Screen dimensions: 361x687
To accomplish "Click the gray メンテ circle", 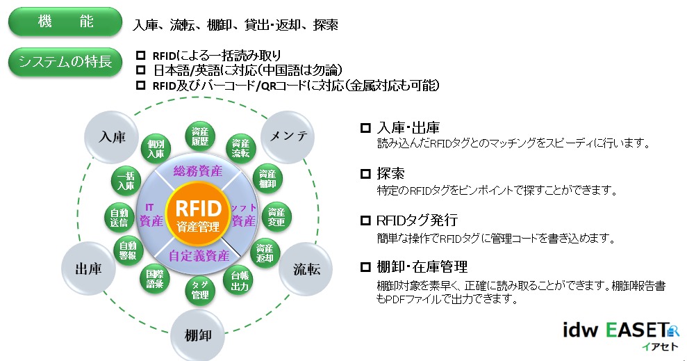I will click(287, 136).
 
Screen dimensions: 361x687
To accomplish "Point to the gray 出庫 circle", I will click(88, 269).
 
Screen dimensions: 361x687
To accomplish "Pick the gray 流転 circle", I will click(306, 269).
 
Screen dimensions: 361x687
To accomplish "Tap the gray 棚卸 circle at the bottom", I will click(197, 334).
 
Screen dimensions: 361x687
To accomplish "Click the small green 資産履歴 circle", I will click(200, 136).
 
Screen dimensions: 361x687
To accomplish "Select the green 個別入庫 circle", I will click(156, 149).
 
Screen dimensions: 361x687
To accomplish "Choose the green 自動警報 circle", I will click(127, 250).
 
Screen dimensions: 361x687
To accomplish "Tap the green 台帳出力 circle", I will click(240, 280).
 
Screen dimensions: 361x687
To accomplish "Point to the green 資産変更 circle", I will click(276, 216).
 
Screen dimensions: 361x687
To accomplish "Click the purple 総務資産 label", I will click(198, 170).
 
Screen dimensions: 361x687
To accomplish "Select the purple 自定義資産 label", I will click(199, 255).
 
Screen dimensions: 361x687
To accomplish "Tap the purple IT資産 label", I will click(151, 216).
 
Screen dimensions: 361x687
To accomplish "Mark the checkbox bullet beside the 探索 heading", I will click(365, 174).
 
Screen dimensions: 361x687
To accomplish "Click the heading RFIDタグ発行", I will click(417, 220).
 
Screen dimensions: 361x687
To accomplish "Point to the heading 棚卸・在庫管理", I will click(422, 267).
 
